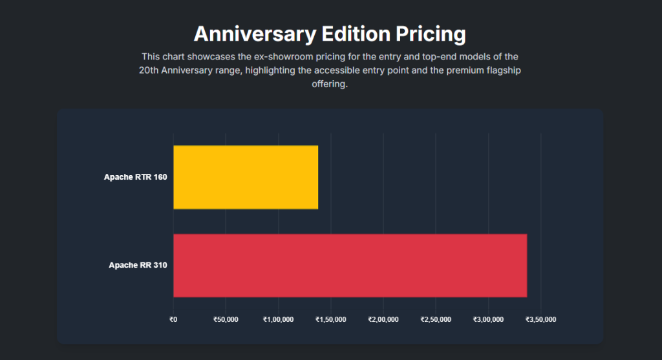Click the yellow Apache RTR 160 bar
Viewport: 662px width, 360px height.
(246, 177)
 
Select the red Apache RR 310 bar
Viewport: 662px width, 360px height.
(350, 265)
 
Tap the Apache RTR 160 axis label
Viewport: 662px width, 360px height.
(136, 177)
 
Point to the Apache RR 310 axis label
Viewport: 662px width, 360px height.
(138, 265)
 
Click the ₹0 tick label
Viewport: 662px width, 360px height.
(173, 319)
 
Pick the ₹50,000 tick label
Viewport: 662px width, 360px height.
(226, 319)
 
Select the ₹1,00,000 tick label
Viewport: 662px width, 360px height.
(279, 319)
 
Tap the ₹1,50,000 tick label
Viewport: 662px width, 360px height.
(331, 319)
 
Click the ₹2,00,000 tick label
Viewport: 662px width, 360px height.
(383, 319)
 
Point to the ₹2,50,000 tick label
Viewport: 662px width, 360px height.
(436, 319)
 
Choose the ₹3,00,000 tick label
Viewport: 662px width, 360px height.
(489, 319)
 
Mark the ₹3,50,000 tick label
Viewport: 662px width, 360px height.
(541, 319)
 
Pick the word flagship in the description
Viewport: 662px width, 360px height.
(502, 70)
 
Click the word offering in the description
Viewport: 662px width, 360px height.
(330, 85)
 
